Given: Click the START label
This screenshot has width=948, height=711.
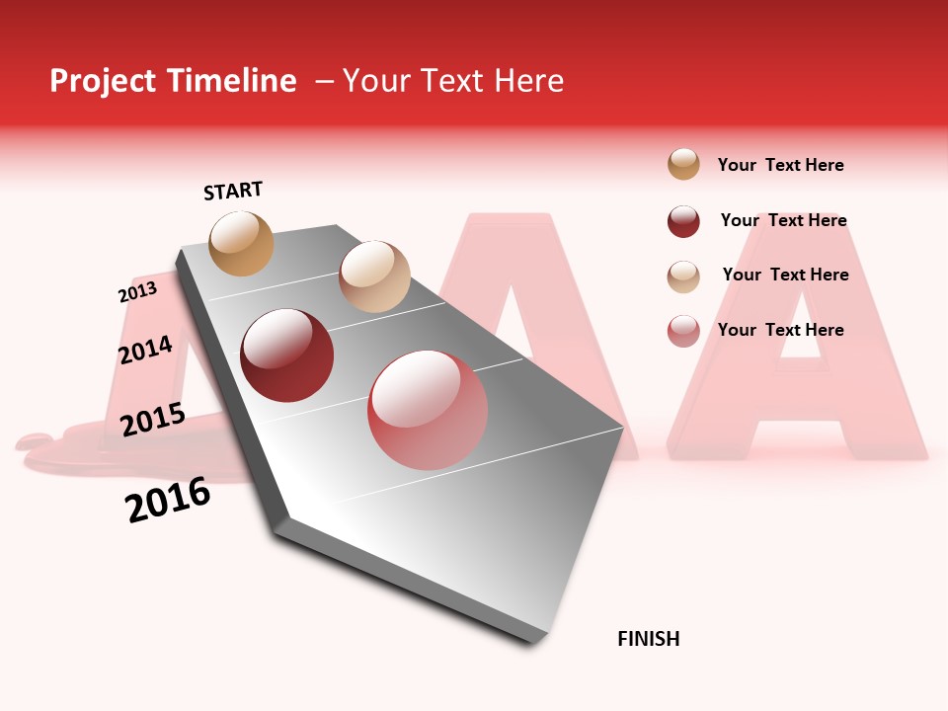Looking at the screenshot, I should point(233,191).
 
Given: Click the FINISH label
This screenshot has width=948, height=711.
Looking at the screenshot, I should point(648,639).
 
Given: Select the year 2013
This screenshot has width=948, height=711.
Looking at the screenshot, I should point(137,292).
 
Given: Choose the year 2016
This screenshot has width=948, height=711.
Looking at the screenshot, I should point(168,500).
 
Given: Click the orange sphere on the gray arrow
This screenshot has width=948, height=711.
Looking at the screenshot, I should point(242,243).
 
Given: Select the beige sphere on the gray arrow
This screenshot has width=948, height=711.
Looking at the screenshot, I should point(374,276).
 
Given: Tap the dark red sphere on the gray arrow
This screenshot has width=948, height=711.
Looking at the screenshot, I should point(287,355).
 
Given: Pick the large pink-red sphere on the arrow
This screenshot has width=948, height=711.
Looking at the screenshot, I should point(428,410).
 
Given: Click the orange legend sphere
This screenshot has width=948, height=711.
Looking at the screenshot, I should point(683,164).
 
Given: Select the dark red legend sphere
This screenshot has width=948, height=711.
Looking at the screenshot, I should point(683,221).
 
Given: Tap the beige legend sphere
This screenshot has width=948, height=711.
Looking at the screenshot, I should point(683,276).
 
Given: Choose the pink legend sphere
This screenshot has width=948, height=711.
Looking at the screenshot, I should point(683,331).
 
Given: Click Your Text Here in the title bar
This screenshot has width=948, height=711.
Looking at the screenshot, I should point(453,81).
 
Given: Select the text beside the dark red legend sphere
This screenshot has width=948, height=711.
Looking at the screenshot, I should point(783,220).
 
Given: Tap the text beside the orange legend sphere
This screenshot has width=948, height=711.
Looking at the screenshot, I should point(780,165).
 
